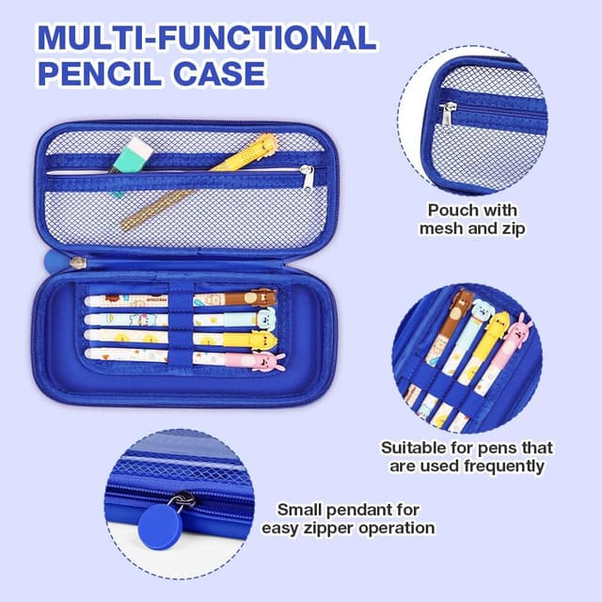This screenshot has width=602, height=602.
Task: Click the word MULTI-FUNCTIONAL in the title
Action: point(206,38)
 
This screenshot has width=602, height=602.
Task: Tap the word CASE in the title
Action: point(219,73)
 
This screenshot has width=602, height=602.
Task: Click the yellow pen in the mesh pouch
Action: point(198,182)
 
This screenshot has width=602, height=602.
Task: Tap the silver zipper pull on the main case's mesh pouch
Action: point(308,178)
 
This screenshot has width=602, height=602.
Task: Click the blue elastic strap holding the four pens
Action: point(181,327)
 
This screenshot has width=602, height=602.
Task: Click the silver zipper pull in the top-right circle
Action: point(448,114)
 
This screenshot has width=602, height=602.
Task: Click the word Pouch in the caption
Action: point(451,211)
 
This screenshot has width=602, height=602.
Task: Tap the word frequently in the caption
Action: point(504,466)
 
